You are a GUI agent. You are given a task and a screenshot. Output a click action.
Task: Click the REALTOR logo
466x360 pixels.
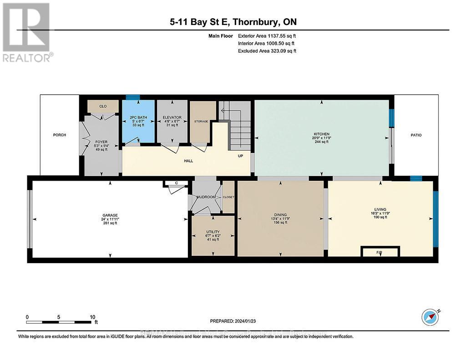point(26,32)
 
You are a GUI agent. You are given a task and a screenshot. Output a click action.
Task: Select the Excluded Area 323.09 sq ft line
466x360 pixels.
point(267,51)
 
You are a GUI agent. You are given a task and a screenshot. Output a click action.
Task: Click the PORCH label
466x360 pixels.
point(59,135)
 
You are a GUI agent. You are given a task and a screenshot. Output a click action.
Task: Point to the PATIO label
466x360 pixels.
point(416,135)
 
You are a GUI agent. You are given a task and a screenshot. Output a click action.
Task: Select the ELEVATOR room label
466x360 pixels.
point(172,118)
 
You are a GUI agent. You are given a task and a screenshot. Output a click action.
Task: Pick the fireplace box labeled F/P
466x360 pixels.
point(380,252)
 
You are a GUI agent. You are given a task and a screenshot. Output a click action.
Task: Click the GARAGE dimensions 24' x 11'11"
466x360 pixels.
point(110,219)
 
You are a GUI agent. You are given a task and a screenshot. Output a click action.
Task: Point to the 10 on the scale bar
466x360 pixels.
point(92,317)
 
